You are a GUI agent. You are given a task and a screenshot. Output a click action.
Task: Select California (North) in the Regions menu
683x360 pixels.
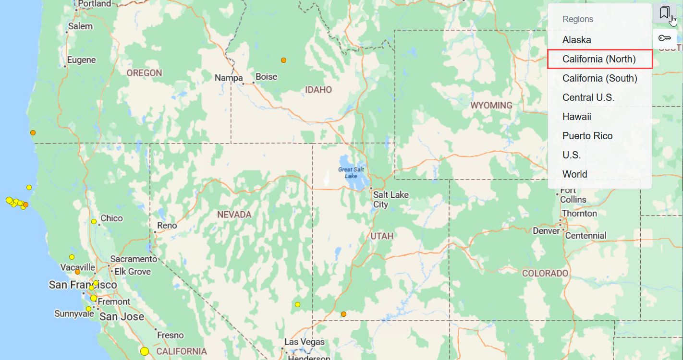pos(599,59)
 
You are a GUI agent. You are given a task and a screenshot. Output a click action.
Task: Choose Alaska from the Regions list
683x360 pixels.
pos(577,40)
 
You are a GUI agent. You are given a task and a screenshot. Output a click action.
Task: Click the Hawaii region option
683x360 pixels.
pos(577,117)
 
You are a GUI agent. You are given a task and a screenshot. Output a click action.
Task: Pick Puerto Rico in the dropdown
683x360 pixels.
pos(587,136)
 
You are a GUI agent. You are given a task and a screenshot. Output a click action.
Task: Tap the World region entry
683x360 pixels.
pos(575,174)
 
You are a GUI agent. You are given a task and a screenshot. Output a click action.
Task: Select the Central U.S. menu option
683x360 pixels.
pos(588,97)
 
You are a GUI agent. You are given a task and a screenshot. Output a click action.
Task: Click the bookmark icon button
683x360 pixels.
pos(665,12)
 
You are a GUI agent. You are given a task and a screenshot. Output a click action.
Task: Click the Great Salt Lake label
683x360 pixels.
pos(351,173)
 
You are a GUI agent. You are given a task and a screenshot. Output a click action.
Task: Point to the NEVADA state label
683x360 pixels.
pos(234,215)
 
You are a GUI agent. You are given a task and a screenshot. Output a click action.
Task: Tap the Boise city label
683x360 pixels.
pos(267,76)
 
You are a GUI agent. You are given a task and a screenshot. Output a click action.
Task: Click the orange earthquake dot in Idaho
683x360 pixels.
pos(284,60)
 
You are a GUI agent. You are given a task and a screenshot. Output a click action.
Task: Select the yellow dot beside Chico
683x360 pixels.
pos(94,221)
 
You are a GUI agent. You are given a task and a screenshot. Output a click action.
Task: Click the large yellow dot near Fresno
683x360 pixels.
pos(145,351)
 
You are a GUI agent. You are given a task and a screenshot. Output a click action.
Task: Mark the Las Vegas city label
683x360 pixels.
pos(305,342)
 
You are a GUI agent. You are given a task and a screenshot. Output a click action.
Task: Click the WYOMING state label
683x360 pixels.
pos(491,105)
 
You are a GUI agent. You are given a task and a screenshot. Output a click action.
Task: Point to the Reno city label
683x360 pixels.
pos(167,226)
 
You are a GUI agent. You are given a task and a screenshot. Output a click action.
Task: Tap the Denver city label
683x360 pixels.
pos(546,231)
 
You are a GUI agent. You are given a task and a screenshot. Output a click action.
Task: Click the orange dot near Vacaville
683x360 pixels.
pos(77,272)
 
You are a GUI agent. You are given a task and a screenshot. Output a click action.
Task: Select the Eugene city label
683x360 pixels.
pos(81,60)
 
